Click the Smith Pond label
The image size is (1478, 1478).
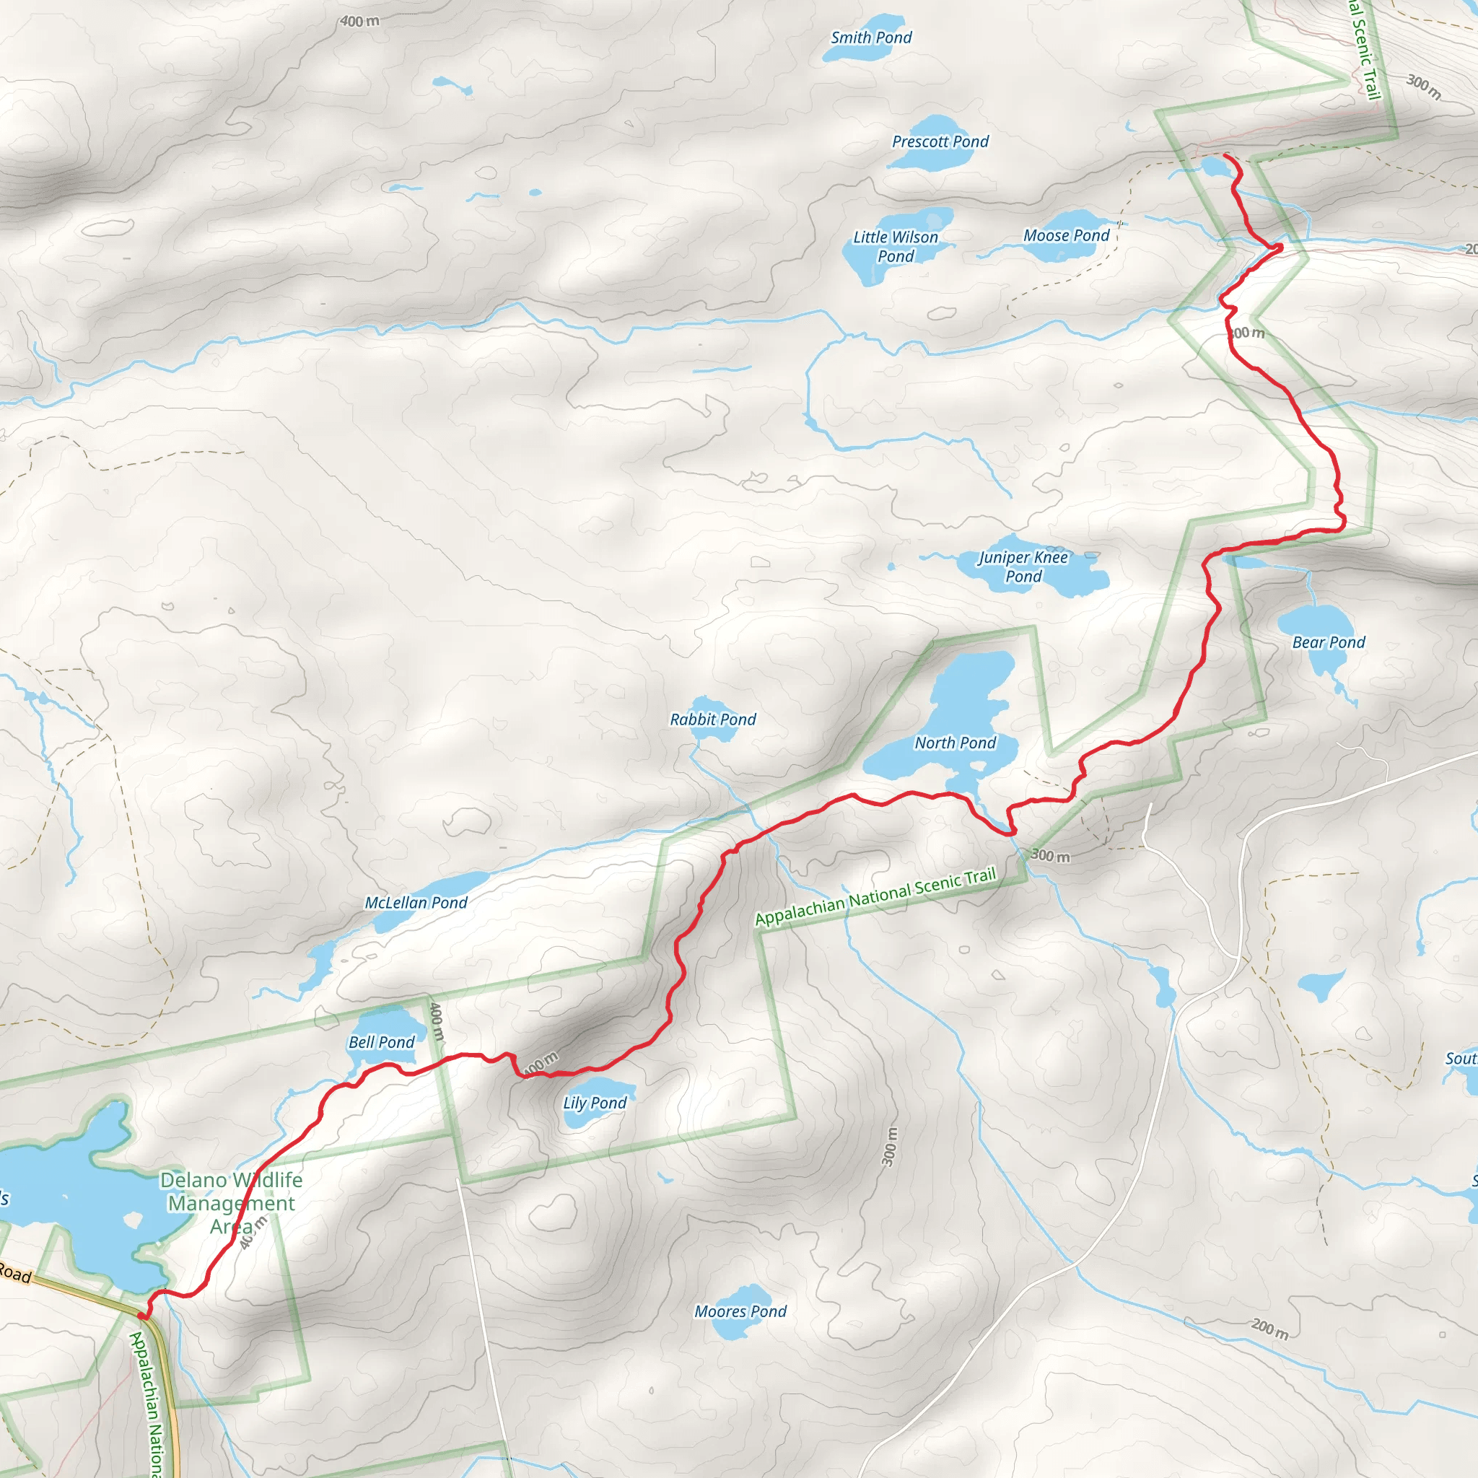(x=871, y=38)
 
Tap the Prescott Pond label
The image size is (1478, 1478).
(x=940, y=141)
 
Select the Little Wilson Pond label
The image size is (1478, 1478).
(x=896, y=246)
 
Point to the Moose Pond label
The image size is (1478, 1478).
(x=1067, y=235)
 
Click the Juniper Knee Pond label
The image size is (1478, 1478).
(x=1023, y=567)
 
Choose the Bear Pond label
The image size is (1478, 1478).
(x=1329, y=642)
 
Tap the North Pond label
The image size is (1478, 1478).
(x=956, y=743)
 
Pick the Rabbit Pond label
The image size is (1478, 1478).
(x=713, y=719)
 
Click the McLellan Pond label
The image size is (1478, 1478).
(x=416, y=903)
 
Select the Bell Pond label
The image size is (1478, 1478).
(x=382, y=1042)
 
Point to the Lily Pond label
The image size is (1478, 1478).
(x=595, y=1103)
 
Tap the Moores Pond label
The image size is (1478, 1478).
(x=740, y=1311)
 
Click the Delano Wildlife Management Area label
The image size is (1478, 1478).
(x=231, y=1202)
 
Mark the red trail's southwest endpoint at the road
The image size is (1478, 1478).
(x=141, y=1316)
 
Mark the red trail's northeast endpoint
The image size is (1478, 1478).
(x=1226, y=155)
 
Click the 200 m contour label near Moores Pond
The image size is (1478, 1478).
(x=1270, y=1329)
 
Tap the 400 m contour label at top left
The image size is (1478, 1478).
(x=359, y=22)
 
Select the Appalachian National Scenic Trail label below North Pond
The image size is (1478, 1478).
(x=876, y=896)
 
